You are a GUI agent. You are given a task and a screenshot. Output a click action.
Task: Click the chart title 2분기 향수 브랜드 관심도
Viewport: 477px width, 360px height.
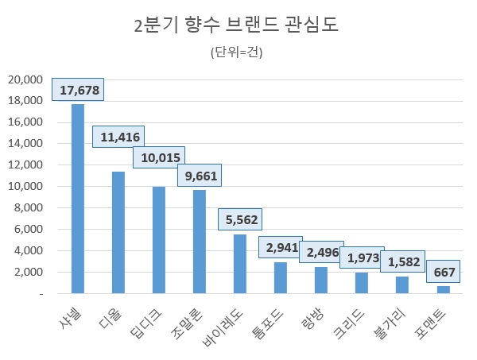coord(238,25)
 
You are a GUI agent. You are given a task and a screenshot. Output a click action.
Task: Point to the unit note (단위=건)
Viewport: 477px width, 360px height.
coord(237,53)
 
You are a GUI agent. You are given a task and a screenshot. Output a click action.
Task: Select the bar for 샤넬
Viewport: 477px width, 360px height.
coord(78,199)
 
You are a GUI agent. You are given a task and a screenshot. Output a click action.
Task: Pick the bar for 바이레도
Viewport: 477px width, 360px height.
coord(240,264)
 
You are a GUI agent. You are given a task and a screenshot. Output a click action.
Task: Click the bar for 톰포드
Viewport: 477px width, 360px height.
coord(281,277)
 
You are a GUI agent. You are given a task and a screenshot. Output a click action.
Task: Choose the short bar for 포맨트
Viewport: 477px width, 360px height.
coord(444,289)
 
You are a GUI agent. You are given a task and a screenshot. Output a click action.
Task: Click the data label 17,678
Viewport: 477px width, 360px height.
coord(79,91)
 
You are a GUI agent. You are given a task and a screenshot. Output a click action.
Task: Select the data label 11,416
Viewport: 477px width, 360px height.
coord(119,137)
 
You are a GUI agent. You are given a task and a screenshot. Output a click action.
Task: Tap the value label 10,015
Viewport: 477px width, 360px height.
coord(159,158)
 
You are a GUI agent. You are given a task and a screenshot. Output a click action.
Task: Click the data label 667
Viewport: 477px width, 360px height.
coord(444,273)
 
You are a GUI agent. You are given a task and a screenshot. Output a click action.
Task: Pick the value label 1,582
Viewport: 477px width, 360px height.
coord(402,261)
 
